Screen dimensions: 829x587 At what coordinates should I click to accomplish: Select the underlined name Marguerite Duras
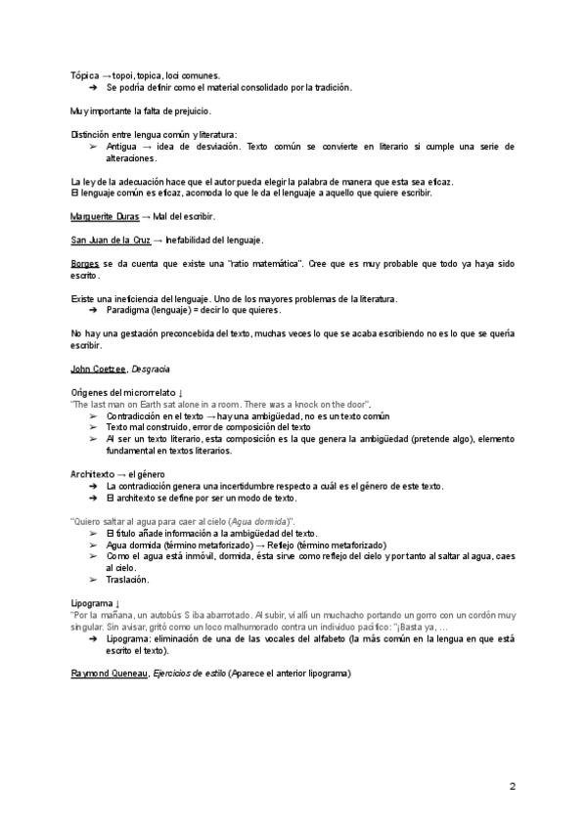click(x=105, y=216)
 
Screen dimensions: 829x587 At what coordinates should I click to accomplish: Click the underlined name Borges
click(x=85, y=265)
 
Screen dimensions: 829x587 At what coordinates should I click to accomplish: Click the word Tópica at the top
click(x=85, y=75)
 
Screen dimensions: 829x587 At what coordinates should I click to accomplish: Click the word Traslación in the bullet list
click(x=127, y=580)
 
